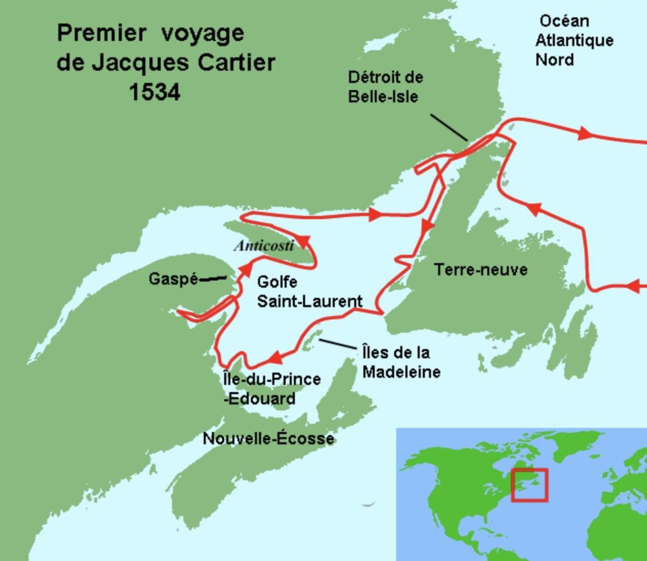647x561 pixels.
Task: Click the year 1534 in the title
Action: pyautogui.click(x=154, y=92)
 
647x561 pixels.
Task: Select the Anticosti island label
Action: pyautogui.click(x=264, y=246)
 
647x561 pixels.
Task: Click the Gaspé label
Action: pyautogui.click(x=173, y=279)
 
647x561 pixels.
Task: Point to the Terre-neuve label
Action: pyautogui.click(x=481, y=269)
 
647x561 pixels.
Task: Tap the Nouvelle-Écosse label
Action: pyautogui.click(x=268, y=439)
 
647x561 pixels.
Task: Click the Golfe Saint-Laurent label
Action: pyautogui.click(x=309, y=291)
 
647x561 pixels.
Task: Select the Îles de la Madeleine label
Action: pyautogui.click(x=401, y=362)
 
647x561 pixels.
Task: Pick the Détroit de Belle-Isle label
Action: pyautogui.click(x=385, y=87)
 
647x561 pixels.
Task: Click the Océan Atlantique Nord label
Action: pyautogui.click(x=574, y=40)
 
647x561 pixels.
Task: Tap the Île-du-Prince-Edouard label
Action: pyautogui.click(x=272, y=388)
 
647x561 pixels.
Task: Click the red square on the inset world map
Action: pyautogui.click(x=529, y=485)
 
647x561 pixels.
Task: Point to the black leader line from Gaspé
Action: pyautogui.click(x=212, y=279)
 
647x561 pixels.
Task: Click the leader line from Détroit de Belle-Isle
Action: pyautogui.click(x=449, y=127)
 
